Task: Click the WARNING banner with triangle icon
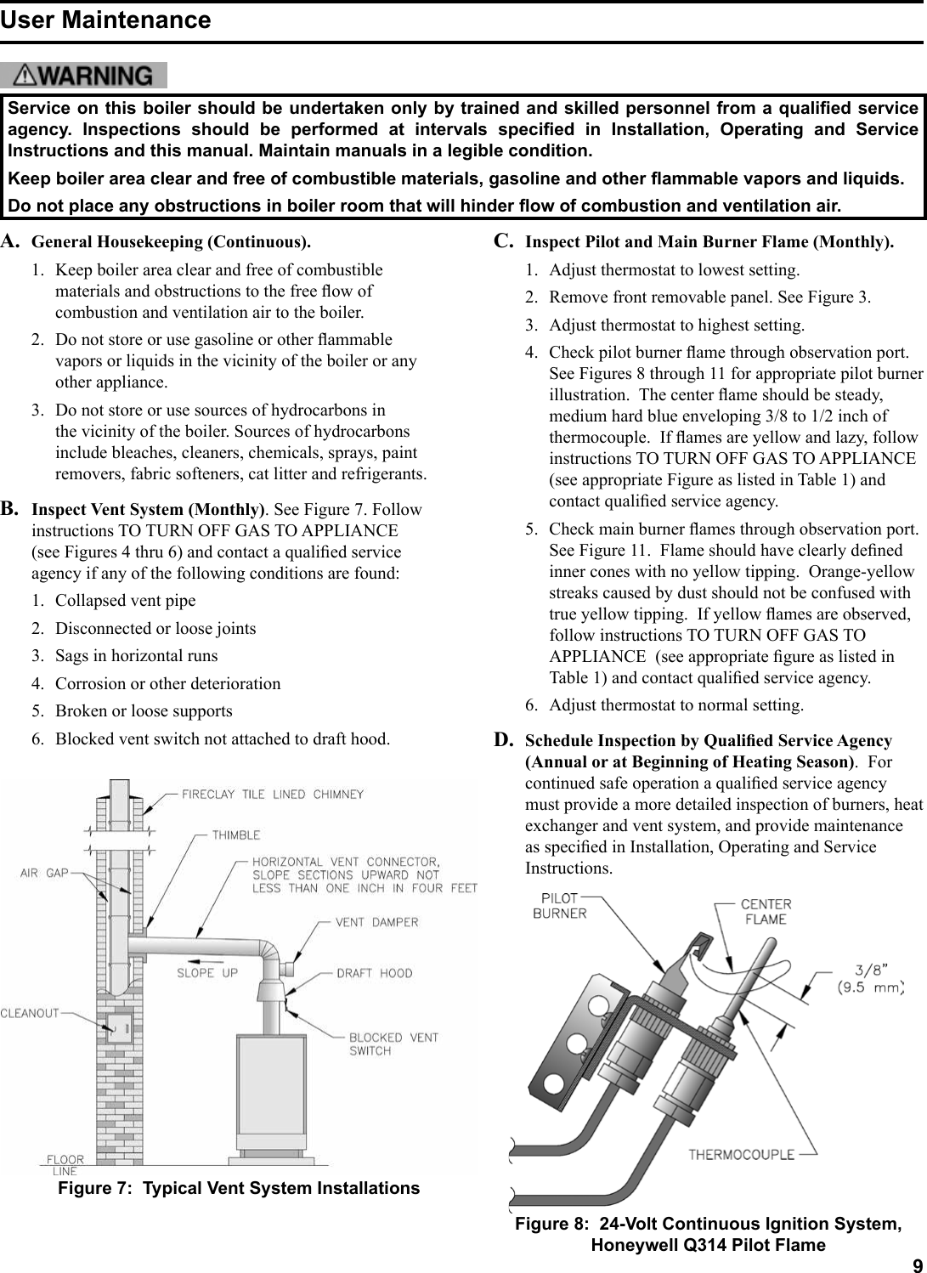84,76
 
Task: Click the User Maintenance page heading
105,20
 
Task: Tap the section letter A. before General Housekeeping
11,241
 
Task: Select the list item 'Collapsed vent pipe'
125,601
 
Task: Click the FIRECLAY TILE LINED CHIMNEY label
273,795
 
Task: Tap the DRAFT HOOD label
374,973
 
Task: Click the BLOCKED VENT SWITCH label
393,1044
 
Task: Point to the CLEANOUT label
30,1013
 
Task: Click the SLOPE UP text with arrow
206,972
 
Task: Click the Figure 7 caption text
238,1188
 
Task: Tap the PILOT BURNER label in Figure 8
559,906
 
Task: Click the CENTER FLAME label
765,911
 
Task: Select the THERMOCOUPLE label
741,1154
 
